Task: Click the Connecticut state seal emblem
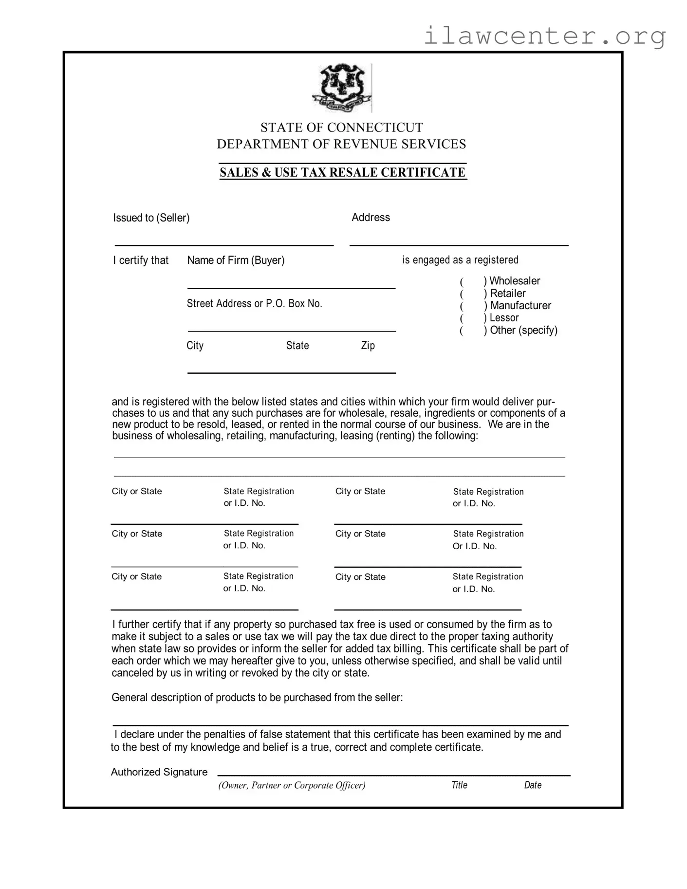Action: pyautogui.click(x=342, y=88)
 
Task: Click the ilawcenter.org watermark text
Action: pyautogui.click(x=544, y=36)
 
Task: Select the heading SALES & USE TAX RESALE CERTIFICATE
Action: pyautogui.click(x=343, y=172)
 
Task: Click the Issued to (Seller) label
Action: pyautogui.click(x=151, y=218)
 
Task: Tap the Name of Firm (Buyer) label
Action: pyautogui.click(x=236, y=260)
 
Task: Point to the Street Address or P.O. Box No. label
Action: pyautogui.click(x=254, y=304)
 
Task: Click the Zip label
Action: pyautogui.click(x=368, y=346)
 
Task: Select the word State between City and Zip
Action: pyautogui.click(x=297, y=346)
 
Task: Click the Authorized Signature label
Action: pyautogui.click(x=159, y=772)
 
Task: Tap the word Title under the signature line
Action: pyautogui.click(x=459, y=785)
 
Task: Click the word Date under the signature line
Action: pyautogui.click(x=533, y=785)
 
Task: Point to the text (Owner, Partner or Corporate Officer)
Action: pyautogui.click(x=292, y=785)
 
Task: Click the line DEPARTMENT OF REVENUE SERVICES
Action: pyautogui.click(x=341, y=144)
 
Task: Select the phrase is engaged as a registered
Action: pyautogui.click(x=460, y=260)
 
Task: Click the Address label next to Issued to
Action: pyautogui.click(x=371, y=218)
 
